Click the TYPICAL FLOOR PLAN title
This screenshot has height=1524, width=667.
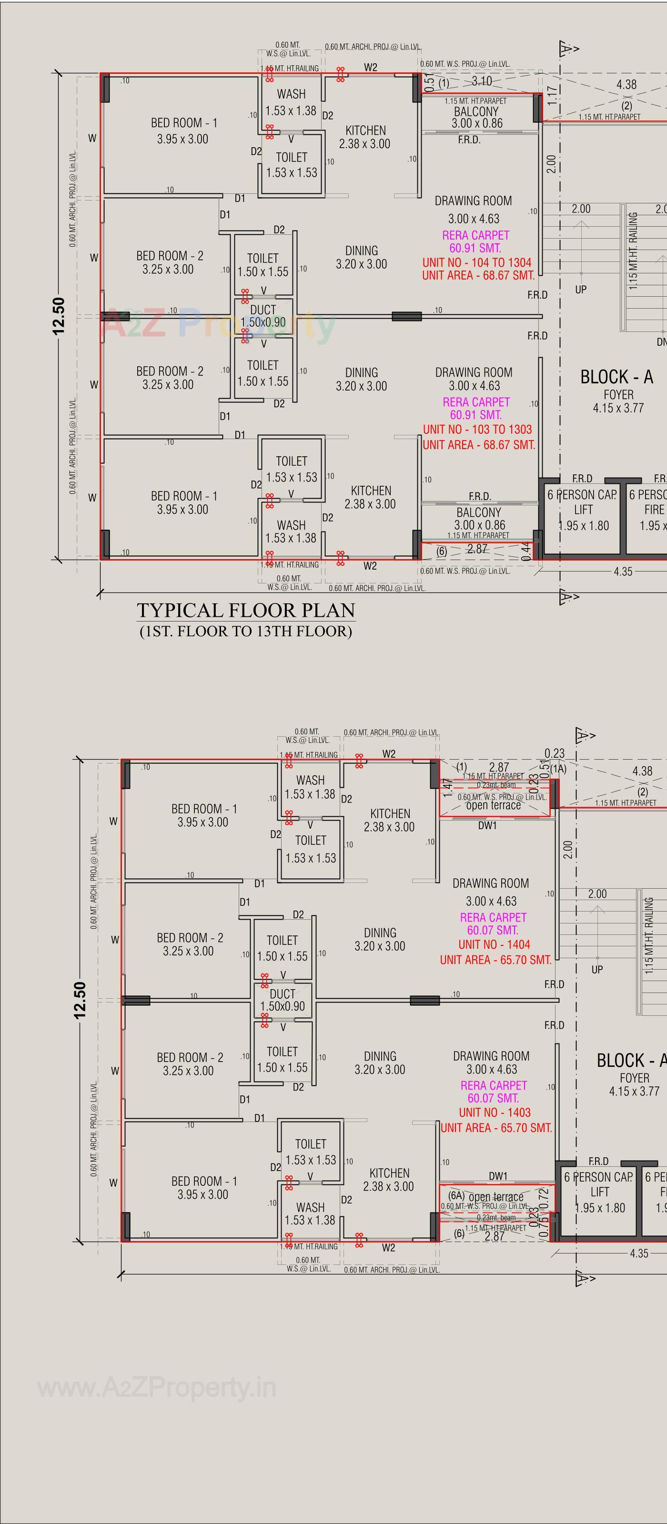click(246, 610)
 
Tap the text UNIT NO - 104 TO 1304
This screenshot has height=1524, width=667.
click(476, 262)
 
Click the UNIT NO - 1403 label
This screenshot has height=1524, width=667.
click(495, 1112)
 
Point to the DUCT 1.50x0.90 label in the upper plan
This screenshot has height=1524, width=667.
click(263, 316)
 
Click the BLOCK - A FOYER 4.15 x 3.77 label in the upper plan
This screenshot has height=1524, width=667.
click(616, 391)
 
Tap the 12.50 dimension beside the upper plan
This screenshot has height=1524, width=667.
click(59, 315)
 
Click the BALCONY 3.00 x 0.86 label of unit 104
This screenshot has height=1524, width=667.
click(476, 117)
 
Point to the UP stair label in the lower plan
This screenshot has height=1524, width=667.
click(596, 970)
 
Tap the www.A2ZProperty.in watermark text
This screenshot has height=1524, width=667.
click(157, 1387)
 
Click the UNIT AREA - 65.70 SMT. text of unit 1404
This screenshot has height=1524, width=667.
click(495, 960)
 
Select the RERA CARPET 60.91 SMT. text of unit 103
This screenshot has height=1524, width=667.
click(476, 408)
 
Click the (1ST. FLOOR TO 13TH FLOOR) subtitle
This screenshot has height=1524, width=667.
click(246, 631)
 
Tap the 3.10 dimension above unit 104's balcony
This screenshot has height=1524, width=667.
click(482, 81)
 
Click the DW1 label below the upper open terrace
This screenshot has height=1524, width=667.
click(487, 825)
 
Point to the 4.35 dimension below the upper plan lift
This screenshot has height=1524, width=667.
click(623, 571)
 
